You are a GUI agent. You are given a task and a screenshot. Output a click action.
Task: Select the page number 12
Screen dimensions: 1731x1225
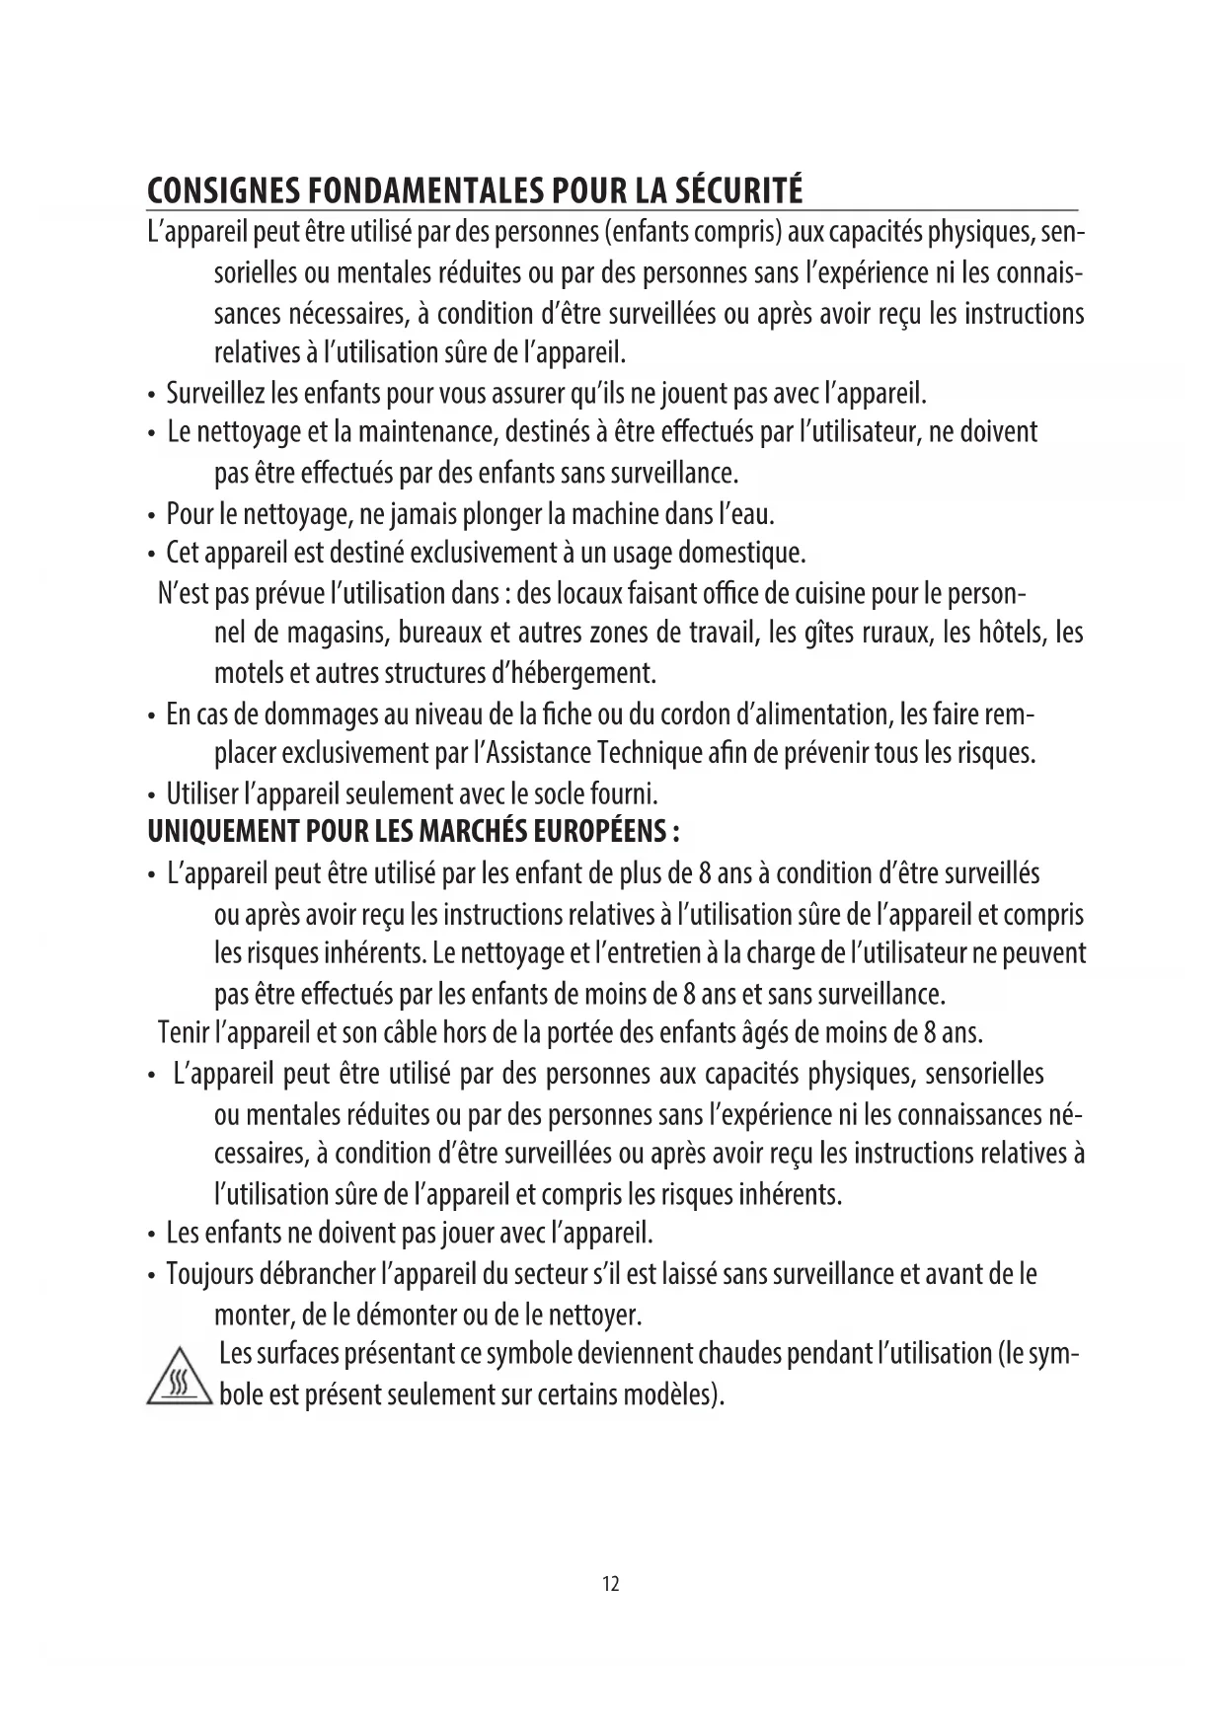(x=611, y=1585)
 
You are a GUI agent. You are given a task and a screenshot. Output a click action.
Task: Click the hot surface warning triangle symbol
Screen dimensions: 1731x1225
(x=179, y=1377)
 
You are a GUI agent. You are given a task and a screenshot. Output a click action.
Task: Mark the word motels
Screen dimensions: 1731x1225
(x=248, y=674)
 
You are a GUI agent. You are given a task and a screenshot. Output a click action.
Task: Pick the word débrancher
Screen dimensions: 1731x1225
(x=317, y=1274)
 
